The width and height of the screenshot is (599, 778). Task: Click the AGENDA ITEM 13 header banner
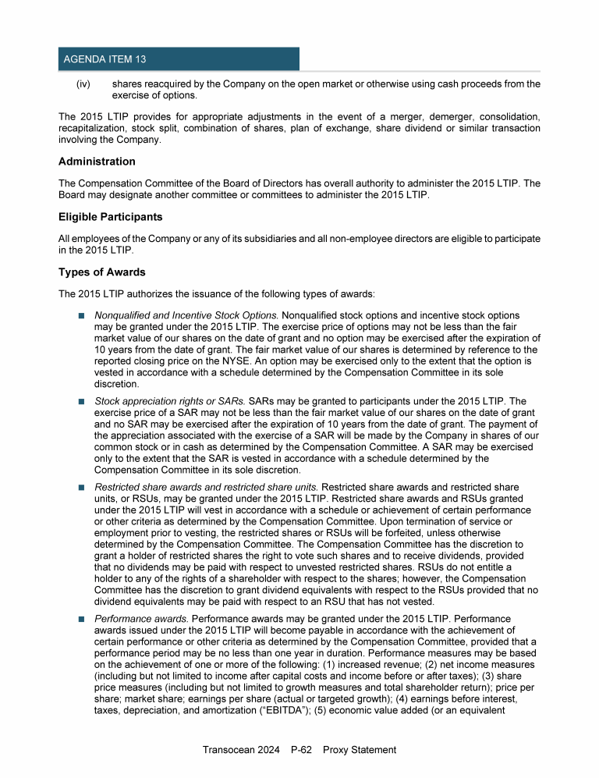179,59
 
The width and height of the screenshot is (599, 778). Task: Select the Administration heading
97,162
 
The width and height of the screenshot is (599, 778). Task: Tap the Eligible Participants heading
110,216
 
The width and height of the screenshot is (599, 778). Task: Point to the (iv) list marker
82,83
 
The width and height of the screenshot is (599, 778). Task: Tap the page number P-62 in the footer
300,750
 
